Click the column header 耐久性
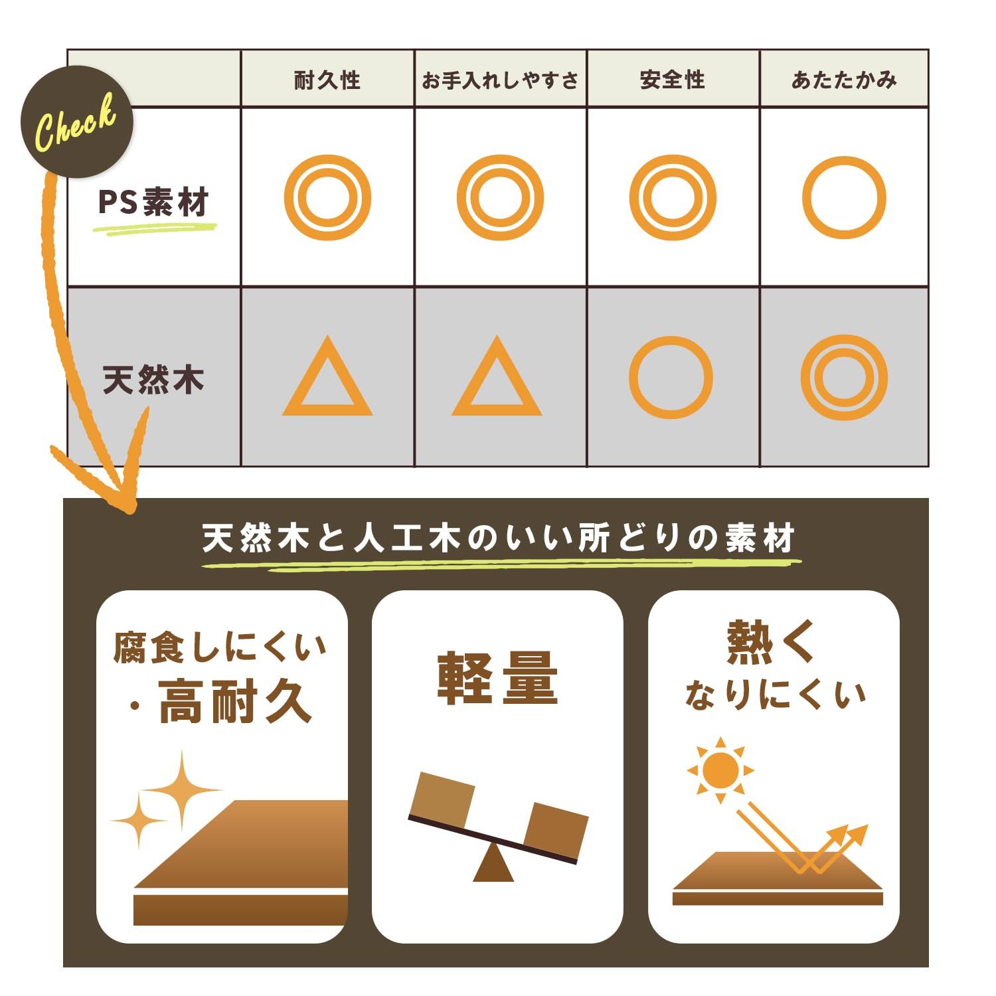coord(327,80)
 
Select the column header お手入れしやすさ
coord(500,80)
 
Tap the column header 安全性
coord(672,80)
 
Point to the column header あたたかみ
coord(844,80)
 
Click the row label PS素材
coord(153,202)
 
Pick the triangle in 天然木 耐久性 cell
coord(327,382)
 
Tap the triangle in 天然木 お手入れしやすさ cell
coord(497,382)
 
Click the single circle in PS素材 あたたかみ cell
coord(844,198)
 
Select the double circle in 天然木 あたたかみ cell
coord(844,377)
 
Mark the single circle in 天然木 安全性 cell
coord(671,377)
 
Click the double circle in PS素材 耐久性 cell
coord(327,198)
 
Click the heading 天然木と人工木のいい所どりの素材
coord(499,539)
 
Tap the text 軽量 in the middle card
coord(497,679)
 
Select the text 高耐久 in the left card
coord(236,703)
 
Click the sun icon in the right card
coord(720,770)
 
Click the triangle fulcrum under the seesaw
coord(493,865)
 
